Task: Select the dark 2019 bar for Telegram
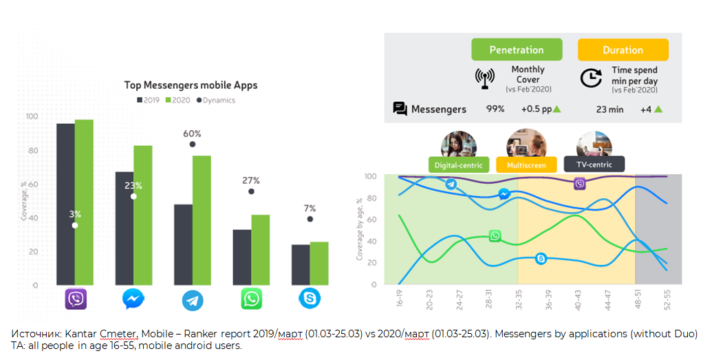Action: click(183, 244)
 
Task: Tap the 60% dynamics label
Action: click(192, 134)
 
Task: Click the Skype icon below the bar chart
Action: click(310, 298)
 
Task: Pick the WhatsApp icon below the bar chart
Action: click(251, 299)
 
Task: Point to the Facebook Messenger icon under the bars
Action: click(133, 299)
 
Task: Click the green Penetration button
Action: click(517, 50)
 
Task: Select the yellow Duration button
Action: click(623, 50)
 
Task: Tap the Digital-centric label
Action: click(458, 165)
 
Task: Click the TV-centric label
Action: click(594, 164)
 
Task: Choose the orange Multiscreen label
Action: click(527, 165)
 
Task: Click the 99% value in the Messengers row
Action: click(495, 109)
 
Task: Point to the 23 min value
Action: click(609, 109)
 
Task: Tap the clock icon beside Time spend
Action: click(590, 78)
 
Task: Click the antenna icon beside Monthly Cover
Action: click(485, 78)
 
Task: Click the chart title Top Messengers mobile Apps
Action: click(191, 85)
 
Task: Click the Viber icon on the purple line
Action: click(580, 183)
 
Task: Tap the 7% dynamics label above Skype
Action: click(310, 209)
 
